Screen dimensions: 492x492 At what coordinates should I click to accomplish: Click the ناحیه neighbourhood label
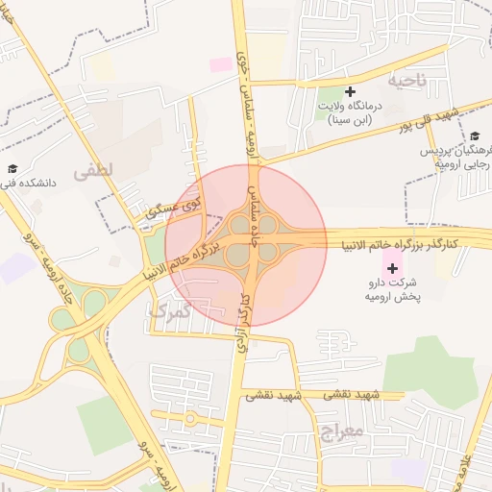(406, 79)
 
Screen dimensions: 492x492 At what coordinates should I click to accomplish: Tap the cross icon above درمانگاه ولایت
(350, 91)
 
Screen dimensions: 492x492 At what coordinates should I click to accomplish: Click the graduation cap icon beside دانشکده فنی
(12, 169)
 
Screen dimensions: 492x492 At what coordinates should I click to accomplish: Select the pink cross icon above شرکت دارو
(391, 266)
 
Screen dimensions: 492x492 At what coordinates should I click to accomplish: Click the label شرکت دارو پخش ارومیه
(392, 291)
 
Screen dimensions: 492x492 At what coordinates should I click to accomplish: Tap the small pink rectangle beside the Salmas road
(221, 63)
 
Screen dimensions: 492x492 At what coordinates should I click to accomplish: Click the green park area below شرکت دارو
(431, 370)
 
